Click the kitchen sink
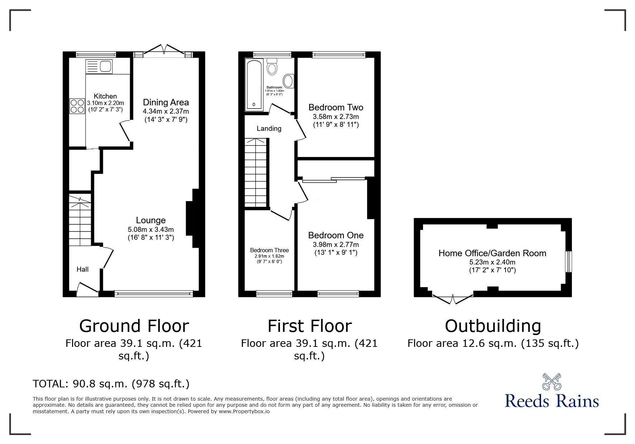pyautogui.click(x=99, y=67)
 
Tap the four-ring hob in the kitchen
pyautogui.click(x=77, y=106)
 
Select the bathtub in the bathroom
pyautogui.click(x=254, y=85)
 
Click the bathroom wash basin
pyautogui.click(x=289, y=81)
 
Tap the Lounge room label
pyautogui.click(x=151, y=220)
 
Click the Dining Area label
pyautogui.click(x=166, y=102)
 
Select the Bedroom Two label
pyautogui.click(x=336, y=107)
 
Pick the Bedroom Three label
pyautogui.click(x=269, y=250)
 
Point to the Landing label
pyautogui.click(x=269, y=128)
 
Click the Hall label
pyautogui.click(x=82, y=269)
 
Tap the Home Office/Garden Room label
pyautogui.click(x=492, y=253)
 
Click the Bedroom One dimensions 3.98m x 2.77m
pyautogui.click(x=336, y=244)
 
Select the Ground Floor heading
pyautogui.click(x=134, y=326)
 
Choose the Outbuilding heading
pyautogui.click(x=493, y=326)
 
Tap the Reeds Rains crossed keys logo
pyautogui.click(x=551, y=382)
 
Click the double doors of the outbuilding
pyautogui.click(x=453, y=299)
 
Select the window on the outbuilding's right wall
pyautogui.click(x=568, y=262)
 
